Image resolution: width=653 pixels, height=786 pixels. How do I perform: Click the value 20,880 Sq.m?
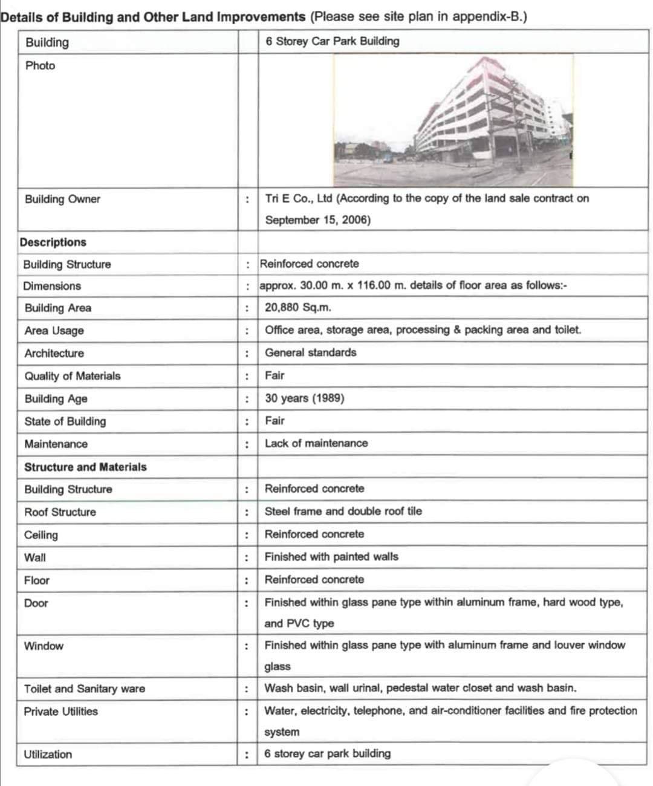coord(297,307)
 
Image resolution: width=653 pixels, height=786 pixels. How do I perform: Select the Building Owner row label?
coord(62,199)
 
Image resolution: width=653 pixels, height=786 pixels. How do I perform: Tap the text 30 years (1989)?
coord(304,398)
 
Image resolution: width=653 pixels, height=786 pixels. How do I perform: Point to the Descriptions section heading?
coord(53,242)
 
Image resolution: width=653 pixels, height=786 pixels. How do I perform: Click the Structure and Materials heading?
coord(85,467)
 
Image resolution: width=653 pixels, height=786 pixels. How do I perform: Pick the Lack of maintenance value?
coord(316,443)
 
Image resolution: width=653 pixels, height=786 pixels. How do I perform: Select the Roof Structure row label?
coord(60,512)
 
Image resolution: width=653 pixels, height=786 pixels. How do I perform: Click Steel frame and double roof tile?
coord(343,512)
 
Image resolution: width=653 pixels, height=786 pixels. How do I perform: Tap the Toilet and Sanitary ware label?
coord(84,689)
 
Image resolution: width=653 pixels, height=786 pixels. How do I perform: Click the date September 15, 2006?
coord(317,220)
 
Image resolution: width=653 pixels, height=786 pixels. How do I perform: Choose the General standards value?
coord(310,352)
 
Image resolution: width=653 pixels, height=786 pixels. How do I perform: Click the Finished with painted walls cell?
coord(331,557)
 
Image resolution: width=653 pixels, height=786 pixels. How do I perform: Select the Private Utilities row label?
coord(60,712)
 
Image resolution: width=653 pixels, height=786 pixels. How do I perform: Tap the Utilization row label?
coord(48,754)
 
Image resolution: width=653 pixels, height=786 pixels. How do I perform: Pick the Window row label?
coord(44,646)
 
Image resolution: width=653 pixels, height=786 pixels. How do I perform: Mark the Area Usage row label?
coord(54,330)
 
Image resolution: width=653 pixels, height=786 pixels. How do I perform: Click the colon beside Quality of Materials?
coord(247,376)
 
